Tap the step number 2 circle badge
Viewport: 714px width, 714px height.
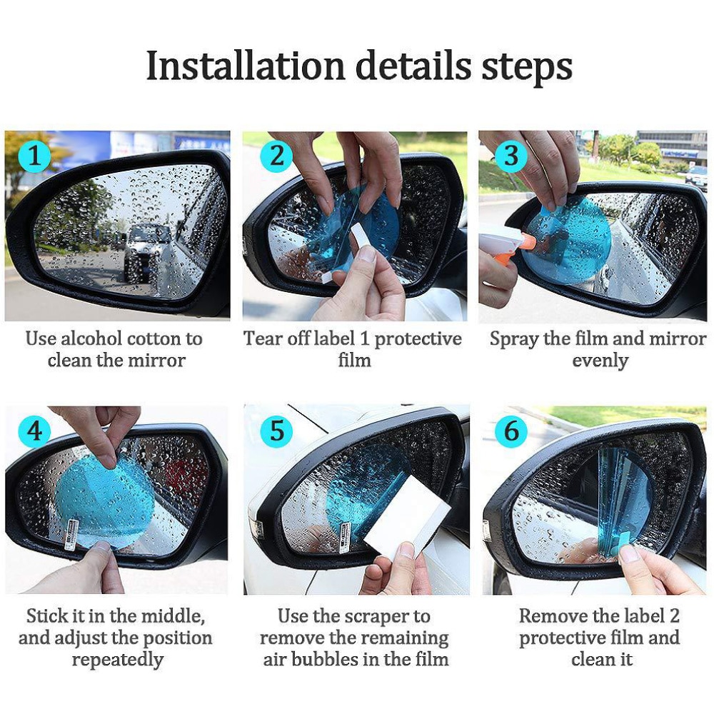276,155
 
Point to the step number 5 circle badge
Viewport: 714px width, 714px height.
276,431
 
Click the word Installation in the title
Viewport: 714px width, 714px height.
246,66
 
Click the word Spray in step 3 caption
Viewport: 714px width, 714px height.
513,338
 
